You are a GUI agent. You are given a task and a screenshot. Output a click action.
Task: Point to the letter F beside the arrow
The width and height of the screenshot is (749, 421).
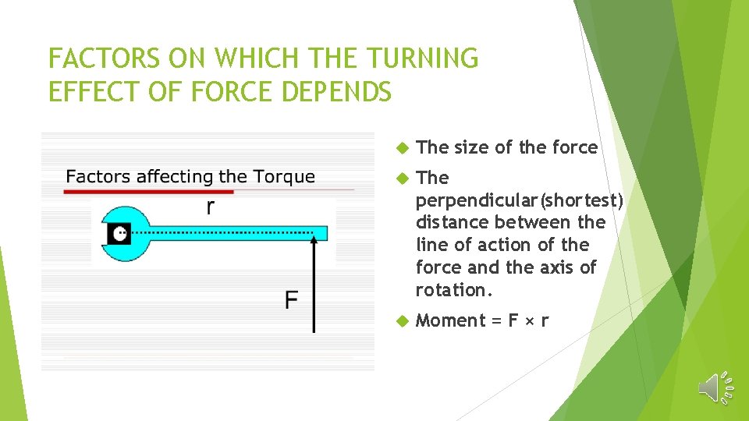click(x=291, y=300)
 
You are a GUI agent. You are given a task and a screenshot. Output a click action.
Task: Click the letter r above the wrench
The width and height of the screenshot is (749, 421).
click(x=210, y=207)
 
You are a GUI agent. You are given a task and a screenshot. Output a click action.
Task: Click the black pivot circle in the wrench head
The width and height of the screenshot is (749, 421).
click(x=120, y=233)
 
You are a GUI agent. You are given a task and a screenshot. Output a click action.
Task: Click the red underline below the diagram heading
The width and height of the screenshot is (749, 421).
click(x=148, y=191)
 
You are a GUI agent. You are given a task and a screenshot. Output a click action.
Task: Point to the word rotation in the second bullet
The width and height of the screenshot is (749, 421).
click(x=451, y=290)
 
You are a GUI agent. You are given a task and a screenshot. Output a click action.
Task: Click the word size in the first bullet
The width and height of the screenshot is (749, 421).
click(x=469, y=147)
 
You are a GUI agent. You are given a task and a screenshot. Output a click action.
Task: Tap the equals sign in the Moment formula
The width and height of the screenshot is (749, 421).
click(x=495, y=321)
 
